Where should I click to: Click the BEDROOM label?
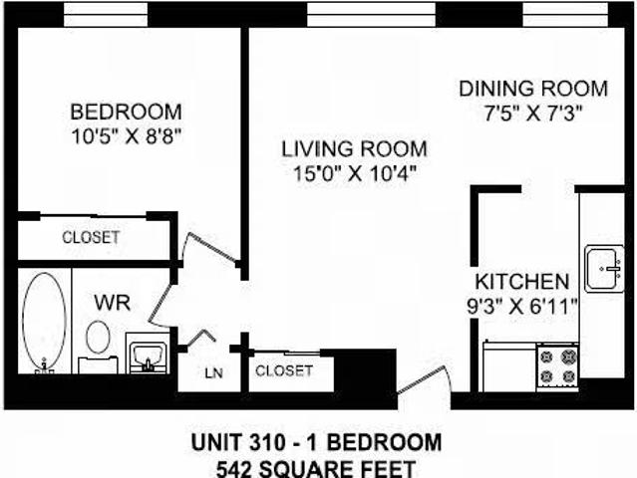click(125, 111)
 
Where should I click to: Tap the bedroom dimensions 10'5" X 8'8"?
click(125, 133)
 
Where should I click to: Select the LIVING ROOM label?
click(354, 149)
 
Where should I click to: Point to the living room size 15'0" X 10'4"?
click(354, 172)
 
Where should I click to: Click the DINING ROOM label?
click(532, 89)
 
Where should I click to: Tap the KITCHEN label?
click(521, 282)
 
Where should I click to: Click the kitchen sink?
click(603, 267)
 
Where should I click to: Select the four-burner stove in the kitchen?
click(558, 365)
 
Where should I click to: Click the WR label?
click(109, 301)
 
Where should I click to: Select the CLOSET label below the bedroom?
click(91, 238)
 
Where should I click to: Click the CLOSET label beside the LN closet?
click(284, 370)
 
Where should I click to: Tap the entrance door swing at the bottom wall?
click(429, 383)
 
